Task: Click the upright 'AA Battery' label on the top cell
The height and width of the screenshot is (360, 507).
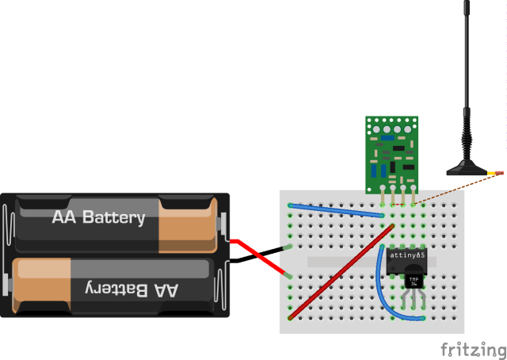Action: (x=99, y=217)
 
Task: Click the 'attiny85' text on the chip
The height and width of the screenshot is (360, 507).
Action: (x=408, y=255)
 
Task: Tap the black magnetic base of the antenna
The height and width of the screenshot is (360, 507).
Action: (x=467, y=168)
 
